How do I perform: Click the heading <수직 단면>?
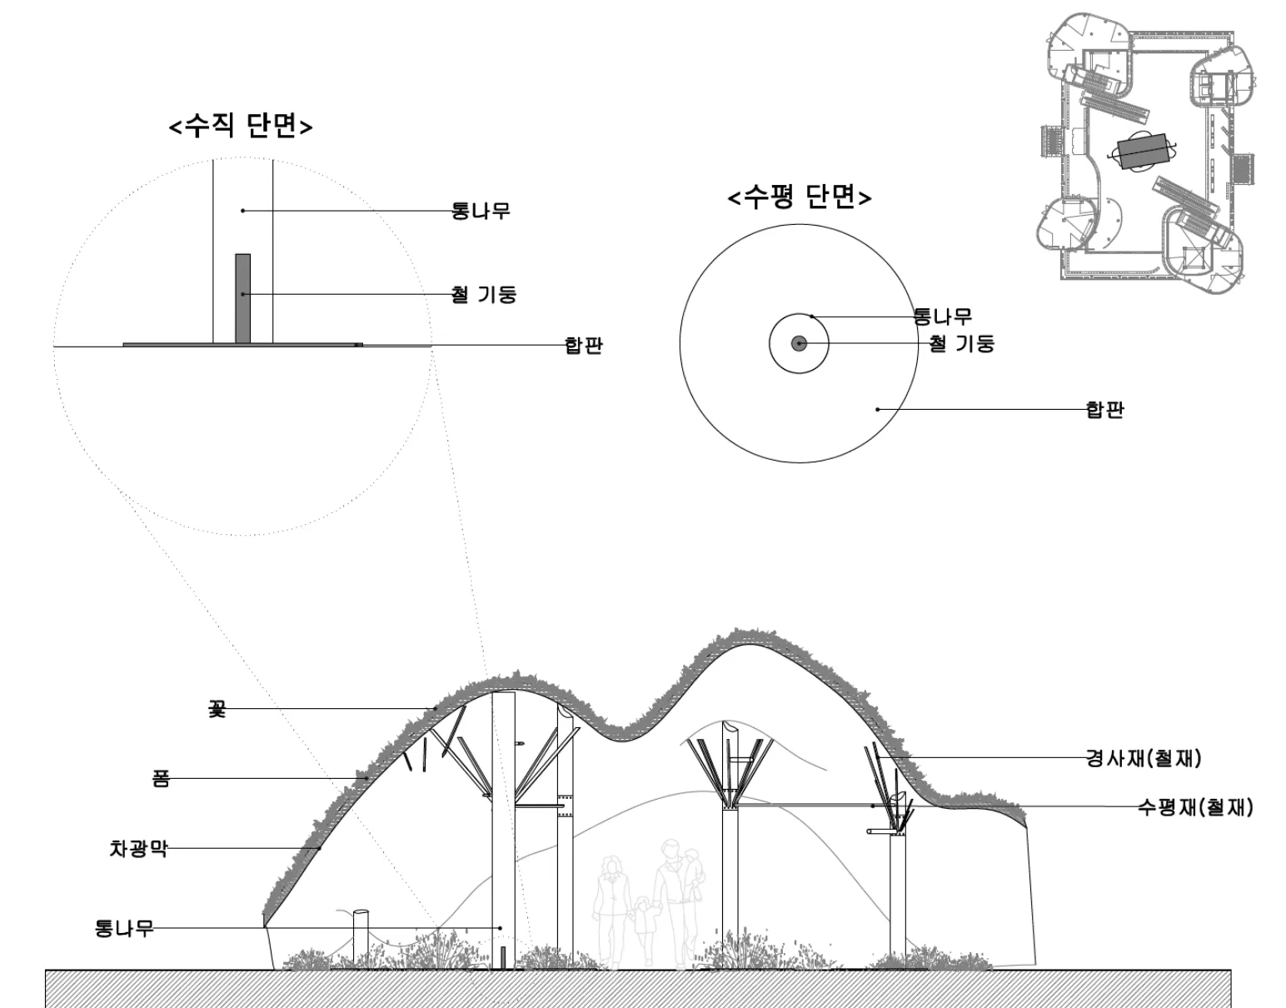tap(240, 126)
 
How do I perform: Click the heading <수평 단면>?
tap(799, 197)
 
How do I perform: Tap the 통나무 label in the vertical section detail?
tap(481, 211)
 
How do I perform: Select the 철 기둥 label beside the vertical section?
tap(484, 294)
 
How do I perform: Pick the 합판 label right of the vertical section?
tap(584, 345)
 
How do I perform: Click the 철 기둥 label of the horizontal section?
tap(962, 343)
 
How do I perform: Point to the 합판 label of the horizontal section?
tap(1105, 409)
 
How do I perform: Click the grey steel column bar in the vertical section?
tap(242, 298)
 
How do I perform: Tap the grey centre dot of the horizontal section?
tap(799, 343)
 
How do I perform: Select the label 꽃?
tap(217, 708)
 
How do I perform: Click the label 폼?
tap(161, 778)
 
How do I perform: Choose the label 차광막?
tap(138, 848)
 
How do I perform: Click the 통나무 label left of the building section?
tap(124, 927)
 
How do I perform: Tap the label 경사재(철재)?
tap(1144, 757)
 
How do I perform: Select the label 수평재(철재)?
tap(1195, 806)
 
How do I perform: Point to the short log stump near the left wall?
tap(361, 939)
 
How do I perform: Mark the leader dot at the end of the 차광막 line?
tap(320, 848)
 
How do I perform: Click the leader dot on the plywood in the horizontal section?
tap(878, 409)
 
